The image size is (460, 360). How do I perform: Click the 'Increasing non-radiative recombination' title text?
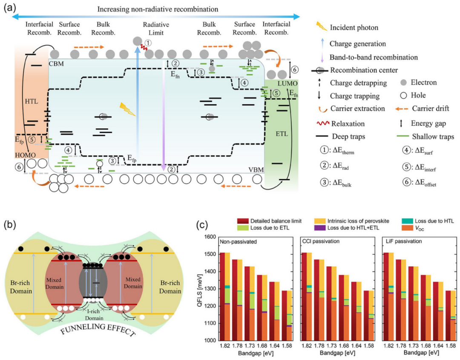tap(158, 9)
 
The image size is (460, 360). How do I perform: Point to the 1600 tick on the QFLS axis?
tap(209, 237)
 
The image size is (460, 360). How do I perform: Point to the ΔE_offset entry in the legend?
tap(420, 184)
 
